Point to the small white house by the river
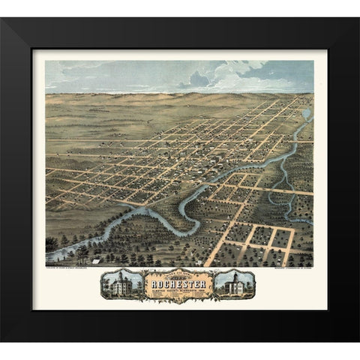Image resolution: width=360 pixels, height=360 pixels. [x=97, y=240]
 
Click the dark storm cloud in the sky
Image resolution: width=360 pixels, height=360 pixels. [x=198, y=78]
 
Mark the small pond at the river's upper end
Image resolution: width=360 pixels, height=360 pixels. [x=306, y=115]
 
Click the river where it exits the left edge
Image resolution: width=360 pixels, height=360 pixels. [x=49, y=257]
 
